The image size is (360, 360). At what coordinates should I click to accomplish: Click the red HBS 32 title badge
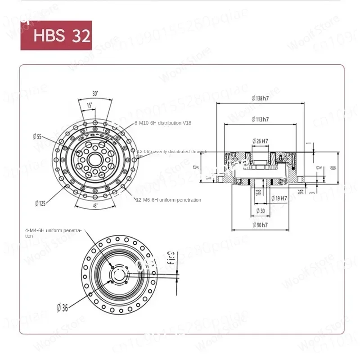click(x=56, y=35)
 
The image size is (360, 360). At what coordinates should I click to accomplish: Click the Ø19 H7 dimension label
click(x=280, y=198)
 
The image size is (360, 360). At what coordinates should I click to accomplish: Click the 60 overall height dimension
click(x=333, y=168)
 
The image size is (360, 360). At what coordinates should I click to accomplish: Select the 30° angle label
click(x=95, y=94)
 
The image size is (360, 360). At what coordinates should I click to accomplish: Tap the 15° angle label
click(x=90, y=105)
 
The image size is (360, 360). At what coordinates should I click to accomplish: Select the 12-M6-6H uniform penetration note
click(x=168, y=200)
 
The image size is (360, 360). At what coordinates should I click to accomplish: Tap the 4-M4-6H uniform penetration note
click(x=53, y=233)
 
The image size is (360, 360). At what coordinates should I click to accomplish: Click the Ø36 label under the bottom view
click(x=62, y=308)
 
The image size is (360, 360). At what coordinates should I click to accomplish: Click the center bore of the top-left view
click(x=95, y=159)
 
